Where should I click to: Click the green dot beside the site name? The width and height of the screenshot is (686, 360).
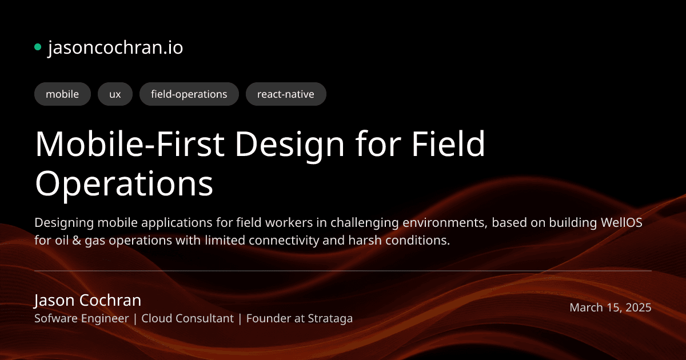pyautogui.click(x=38, y=47)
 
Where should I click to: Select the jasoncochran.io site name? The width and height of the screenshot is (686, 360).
pyautogui.click(x=115, y=47)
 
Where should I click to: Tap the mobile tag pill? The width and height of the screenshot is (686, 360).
pyautogui.click(x=62, y=94)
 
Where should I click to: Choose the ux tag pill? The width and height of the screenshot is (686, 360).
pyautogui.click(x=115, y=94)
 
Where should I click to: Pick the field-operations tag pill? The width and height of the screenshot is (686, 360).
pyautogui.click(x=189, y=94)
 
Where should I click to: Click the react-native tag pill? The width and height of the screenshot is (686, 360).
pyautogui.click(x=286, y=94)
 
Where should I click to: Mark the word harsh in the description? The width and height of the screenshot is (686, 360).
pyautogui.click(x=362, y=241)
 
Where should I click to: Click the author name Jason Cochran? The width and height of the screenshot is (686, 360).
pyautogui.click(x=87, y=300)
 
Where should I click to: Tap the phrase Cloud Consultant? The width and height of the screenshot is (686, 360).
pyautogui.click(x=188, y=318)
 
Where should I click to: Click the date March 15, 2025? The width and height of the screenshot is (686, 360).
pyautogui.click(x=610, y=307)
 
